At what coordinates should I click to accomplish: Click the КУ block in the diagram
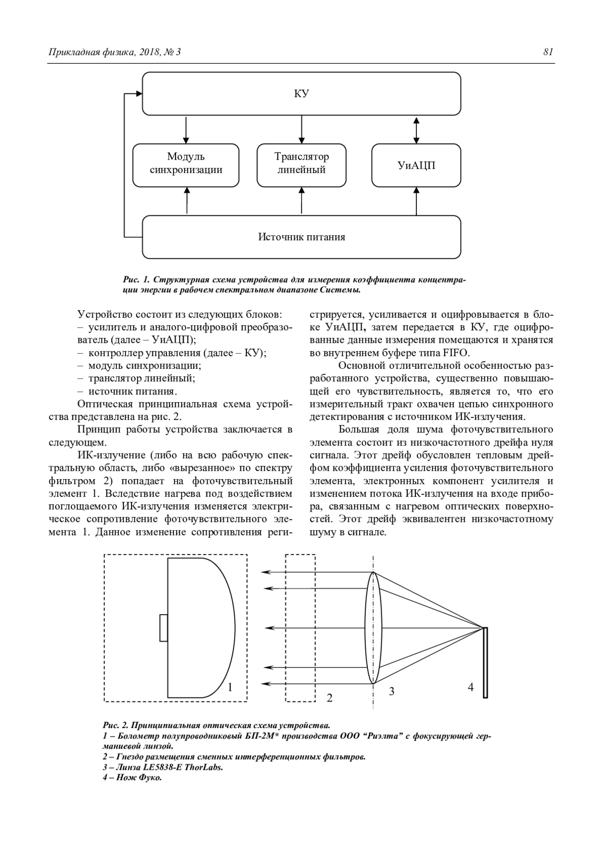tap(302, 94)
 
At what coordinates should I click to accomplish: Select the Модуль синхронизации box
tap(186, 165)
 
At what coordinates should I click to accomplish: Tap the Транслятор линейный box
tap(302, 165)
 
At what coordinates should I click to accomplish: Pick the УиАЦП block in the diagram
tap(416, 165)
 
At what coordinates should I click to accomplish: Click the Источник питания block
tap(302, 237)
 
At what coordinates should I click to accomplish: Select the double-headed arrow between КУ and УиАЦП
tap(416, 129)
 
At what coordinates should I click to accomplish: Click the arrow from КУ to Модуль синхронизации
tap(186, 129)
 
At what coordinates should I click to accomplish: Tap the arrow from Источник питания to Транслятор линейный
tap(302, 201)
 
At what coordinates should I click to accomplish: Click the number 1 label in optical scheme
tap(230, 687)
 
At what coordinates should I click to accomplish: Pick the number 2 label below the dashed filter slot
tap(330, 697)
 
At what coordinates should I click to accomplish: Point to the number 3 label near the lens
tap(392, 691)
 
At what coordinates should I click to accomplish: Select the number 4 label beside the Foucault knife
tap(471, 687)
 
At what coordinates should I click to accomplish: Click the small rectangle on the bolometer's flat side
tap(164, 628)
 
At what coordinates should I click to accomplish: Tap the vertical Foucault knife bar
tap(485, 662)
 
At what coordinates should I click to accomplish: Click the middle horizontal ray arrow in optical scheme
tap(316, 628)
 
